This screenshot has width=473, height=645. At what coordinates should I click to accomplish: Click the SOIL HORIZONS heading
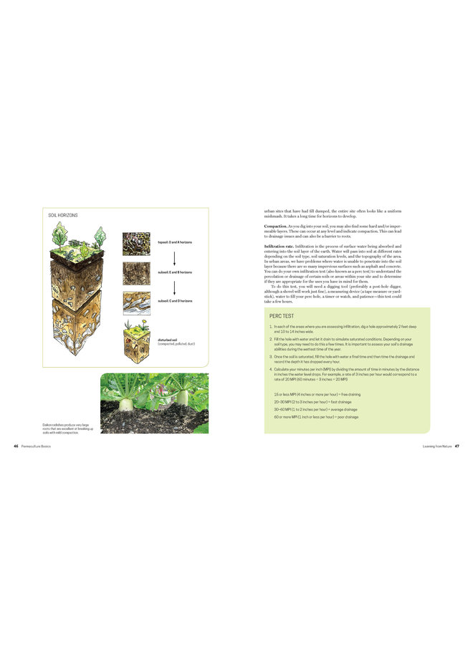pos(63,215)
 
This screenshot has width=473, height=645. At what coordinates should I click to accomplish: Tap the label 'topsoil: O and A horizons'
pos(175,242)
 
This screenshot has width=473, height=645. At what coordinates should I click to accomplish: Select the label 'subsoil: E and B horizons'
pos(175,272)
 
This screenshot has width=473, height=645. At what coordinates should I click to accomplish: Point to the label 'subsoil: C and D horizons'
pos(175,301)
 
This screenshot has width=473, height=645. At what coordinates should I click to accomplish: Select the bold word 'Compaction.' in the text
pos(256,226)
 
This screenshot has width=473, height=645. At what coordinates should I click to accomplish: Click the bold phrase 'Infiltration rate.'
pos(260,246)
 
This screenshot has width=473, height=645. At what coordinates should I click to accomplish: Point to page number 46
pos(16,446)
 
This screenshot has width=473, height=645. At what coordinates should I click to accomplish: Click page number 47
pos(457,446)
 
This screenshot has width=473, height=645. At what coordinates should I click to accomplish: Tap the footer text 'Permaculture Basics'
pos(35,446)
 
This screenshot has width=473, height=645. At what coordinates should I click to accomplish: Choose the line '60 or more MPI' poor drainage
pos(315,416)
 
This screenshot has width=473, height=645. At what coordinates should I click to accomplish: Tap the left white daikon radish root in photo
pos(128,403)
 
